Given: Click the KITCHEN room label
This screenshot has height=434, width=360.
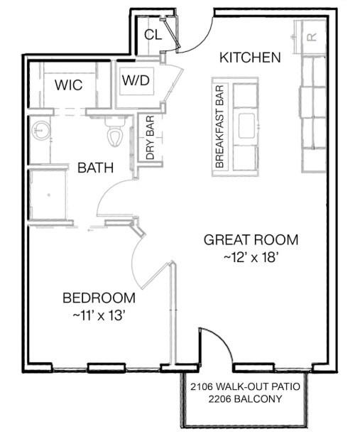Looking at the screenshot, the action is tap(250, 58).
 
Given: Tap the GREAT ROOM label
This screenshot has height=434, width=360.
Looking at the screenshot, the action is tap(251, 239).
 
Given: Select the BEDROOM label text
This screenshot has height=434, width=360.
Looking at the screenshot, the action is tap(99, 298).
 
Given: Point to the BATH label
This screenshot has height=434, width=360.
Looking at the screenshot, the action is tap(95, 168).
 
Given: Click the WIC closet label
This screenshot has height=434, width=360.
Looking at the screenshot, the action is tap(69, 85).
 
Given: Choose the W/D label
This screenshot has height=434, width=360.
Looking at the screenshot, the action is tap(136, 80).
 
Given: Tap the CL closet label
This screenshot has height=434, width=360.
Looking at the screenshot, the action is tap(153, 35).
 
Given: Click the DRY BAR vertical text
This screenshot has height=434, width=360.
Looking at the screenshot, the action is tap(150, 138).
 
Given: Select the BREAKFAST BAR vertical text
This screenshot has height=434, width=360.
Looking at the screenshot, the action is tap(219, 126).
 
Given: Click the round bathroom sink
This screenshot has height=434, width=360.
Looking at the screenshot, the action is tap(41, 130).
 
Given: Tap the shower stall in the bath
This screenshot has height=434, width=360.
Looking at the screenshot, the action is tap(48, 195).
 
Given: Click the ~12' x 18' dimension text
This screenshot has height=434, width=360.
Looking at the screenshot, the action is tap(251, 257).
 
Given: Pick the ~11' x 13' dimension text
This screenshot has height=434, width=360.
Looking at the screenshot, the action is tap(99, 315).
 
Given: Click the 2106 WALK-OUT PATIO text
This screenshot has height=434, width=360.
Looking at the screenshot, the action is tap(245, 386).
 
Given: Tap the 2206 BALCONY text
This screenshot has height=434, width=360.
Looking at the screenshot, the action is tap(245, 399).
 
